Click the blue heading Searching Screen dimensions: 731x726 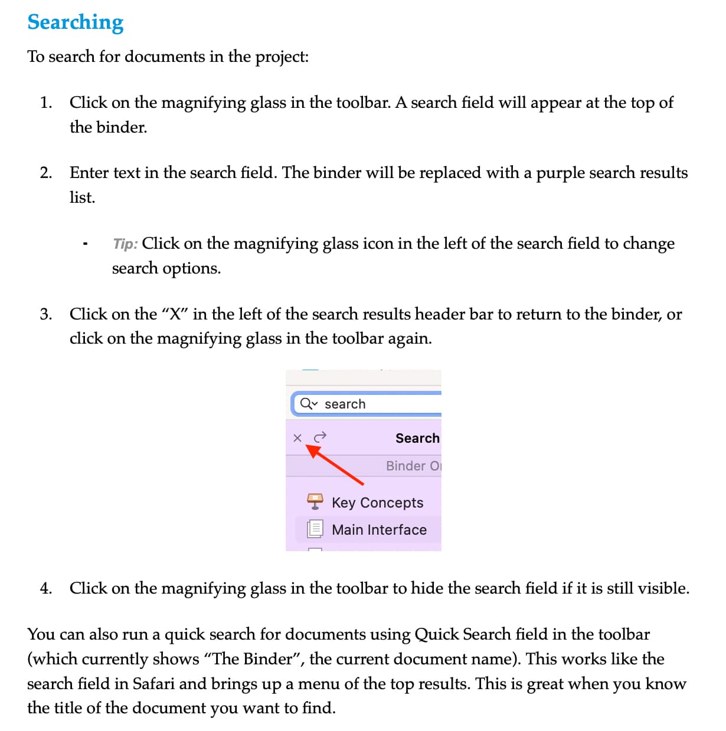pos(76,22)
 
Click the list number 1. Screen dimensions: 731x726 pos(46,103)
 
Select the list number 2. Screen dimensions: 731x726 pos(46,173)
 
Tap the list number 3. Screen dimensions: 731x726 pos(46,314)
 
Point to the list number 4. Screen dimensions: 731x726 pos(46,588)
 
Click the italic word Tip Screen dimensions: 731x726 pos(125,244)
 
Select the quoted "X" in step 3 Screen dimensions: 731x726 pos(174,314)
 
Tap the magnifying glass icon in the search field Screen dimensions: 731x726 pos(306,404)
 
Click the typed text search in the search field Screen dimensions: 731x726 pos(345,404)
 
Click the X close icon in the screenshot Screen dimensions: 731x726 pos(297,437)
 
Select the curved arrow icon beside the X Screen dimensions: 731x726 pos(320,437)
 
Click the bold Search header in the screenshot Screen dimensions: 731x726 pos(417,438)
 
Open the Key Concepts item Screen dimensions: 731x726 pos(377,503)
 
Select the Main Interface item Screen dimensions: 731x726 pos(379,529)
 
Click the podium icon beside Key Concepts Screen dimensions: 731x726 pos(315,502)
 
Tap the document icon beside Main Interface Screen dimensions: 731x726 pos(315,529)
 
